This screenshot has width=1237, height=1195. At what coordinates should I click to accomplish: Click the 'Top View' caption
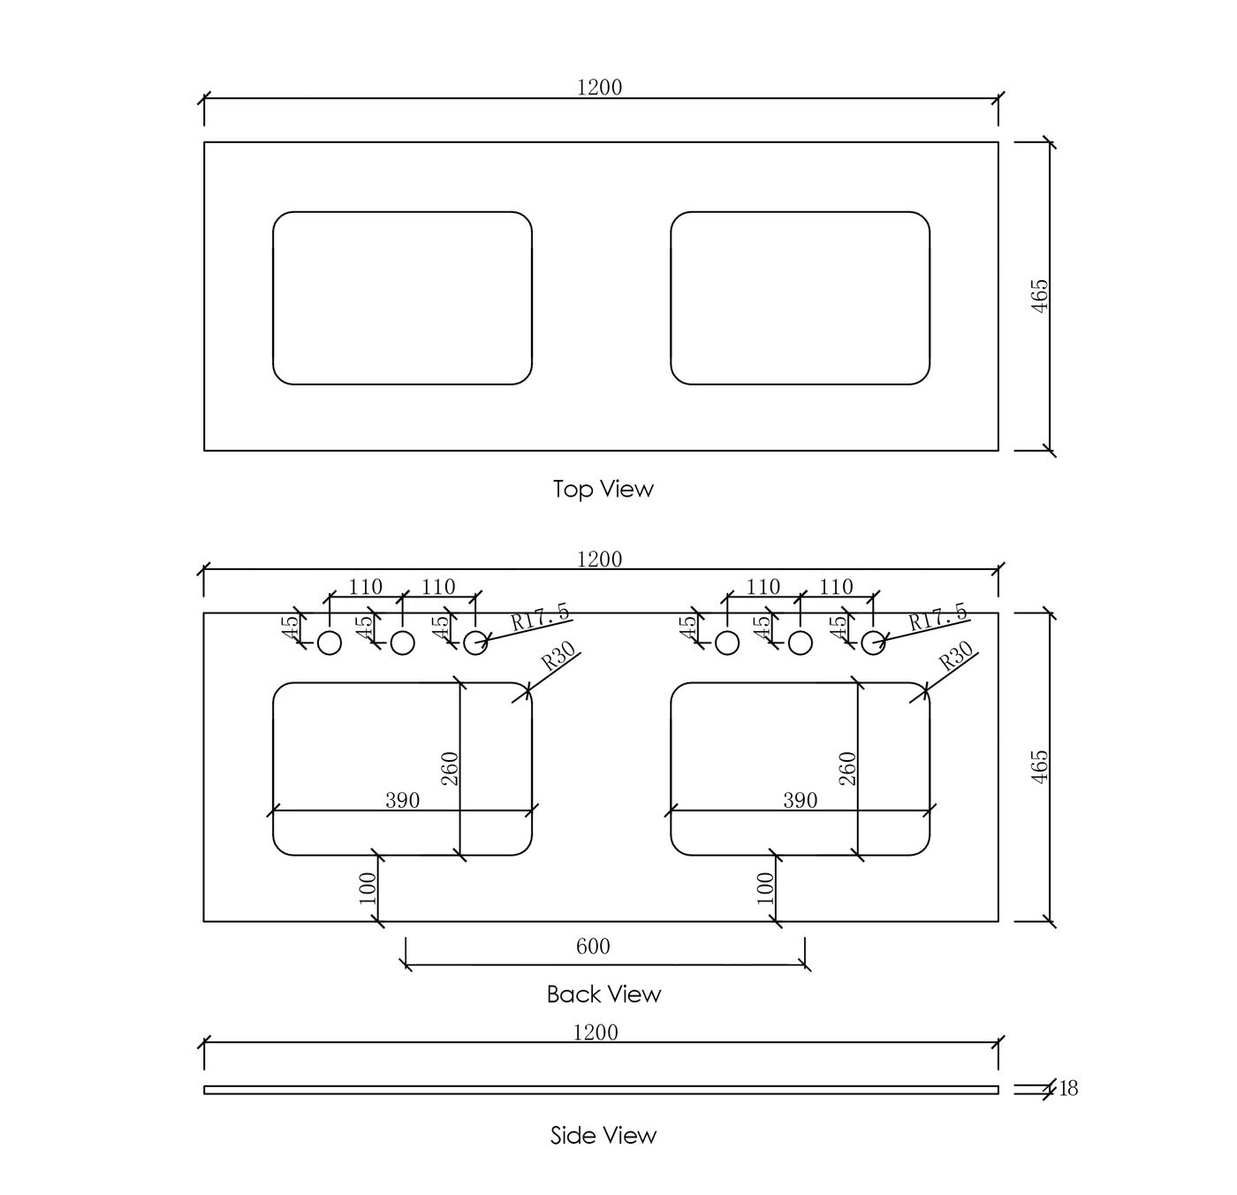tap(603, 490)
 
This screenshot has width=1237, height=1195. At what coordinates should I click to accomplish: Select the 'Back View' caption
tap(603, 994)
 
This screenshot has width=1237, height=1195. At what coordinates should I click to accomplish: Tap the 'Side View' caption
tap(603, 1136)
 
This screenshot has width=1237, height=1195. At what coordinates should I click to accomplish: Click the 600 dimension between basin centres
tap(593, 947)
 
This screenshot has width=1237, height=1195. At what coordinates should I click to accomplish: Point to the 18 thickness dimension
tap(1068, 1089)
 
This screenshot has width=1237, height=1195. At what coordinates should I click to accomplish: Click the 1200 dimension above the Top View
tap(599, 88)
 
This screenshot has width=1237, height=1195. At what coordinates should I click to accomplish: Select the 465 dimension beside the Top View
tap(1039, 296)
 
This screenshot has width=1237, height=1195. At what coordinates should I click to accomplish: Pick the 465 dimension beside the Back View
tap(1039, 767)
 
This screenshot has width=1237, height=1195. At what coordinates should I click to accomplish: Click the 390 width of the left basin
tap(402, 800)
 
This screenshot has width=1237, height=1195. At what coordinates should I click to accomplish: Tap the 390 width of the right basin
tap(800, 800)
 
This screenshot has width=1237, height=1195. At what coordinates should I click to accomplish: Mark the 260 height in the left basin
tap(450, 768)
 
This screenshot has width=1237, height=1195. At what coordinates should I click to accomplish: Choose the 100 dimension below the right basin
tap(765, 887)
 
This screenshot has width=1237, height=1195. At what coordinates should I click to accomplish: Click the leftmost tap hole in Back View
tap(330, 643)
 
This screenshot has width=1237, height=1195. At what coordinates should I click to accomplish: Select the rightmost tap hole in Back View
tap(873, 643)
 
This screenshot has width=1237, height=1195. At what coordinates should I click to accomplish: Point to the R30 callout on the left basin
tap(558, 657)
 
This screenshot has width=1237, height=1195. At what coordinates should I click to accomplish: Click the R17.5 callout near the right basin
tap(937, 617)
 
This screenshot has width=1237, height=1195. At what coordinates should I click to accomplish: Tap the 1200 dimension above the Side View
tap(595, 1032)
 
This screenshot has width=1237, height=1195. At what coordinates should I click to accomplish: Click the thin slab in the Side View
tap(601, 1090)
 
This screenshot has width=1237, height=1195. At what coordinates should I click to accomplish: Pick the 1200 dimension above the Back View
tap(599, 559)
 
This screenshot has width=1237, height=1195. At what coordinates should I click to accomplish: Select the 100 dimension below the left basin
tap(368, 887)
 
